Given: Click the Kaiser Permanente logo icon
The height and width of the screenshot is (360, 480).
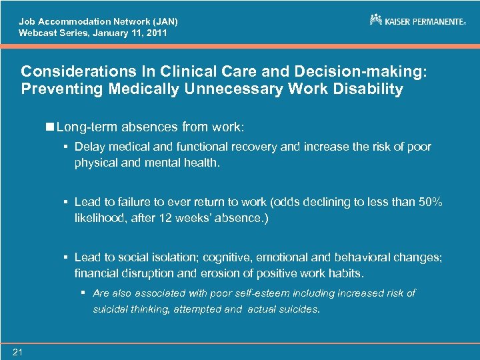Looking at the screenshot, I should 376,20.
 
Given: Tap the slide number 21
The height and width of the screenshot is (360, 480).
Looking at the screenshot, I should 17,352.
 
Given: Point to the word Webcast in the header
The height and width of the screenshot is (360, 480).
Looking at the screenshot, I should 36,32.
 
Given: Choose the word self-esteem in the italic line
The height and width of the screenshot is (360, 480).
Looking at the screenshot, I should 261,293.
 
